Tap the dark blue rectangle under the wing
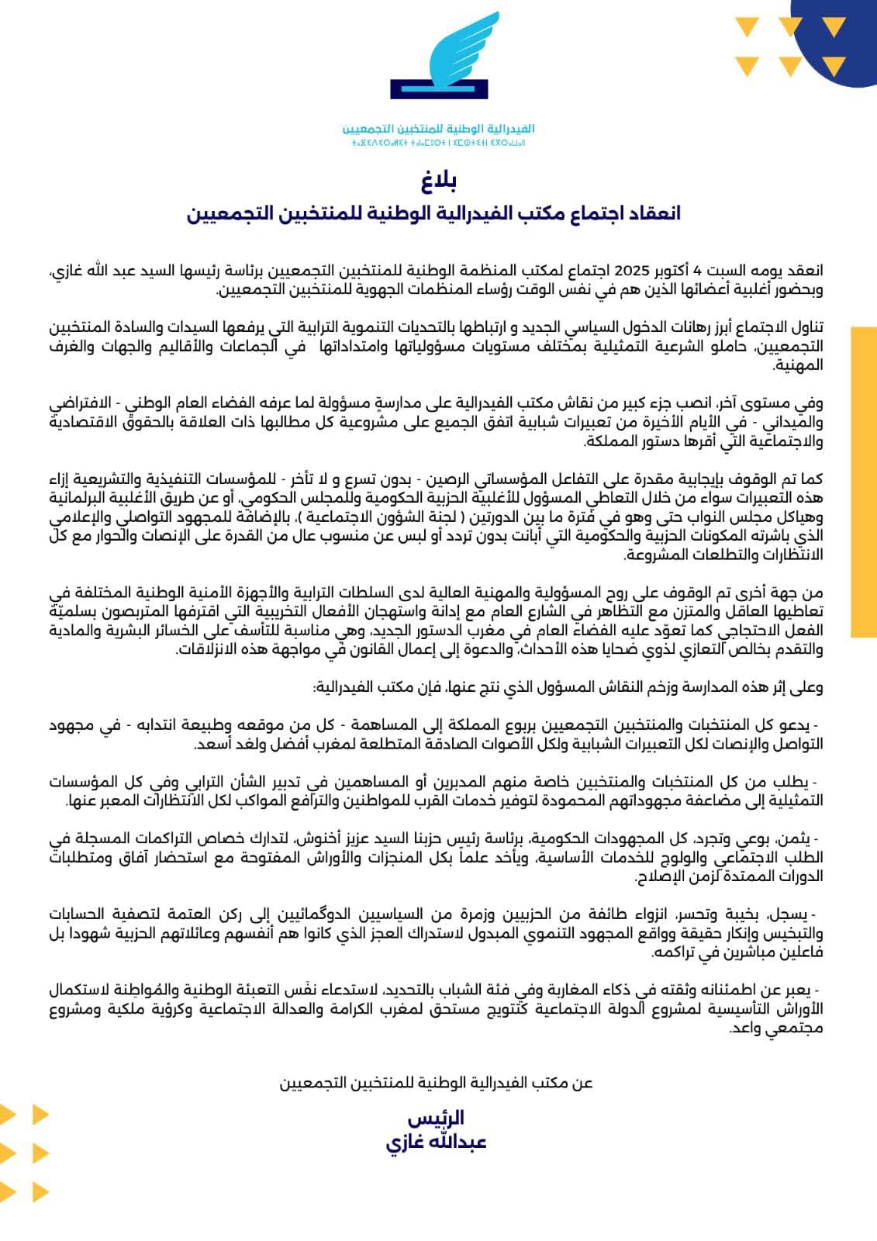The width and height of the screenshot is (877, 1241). point(439,88)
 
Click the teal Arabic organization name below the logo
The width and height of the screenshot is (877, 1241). point(439,129)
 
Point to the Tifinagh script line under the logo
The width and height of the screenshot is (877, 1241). point(439,143)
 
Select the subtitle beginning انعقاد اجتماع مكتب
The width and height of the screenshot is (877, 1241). point(433,213)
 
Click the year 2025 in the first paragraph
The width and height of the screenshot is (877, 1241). point(630,271)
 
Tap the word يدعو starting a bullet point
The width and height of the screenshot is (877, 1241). point(797,725)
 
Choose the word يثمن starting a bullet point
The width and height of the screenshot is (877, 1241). point(798,839)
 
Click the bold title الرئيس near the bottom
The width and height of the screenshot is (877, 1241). point(437,1118)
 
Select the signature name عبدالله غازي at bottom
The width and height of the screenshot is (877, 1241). point(437,1142)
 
